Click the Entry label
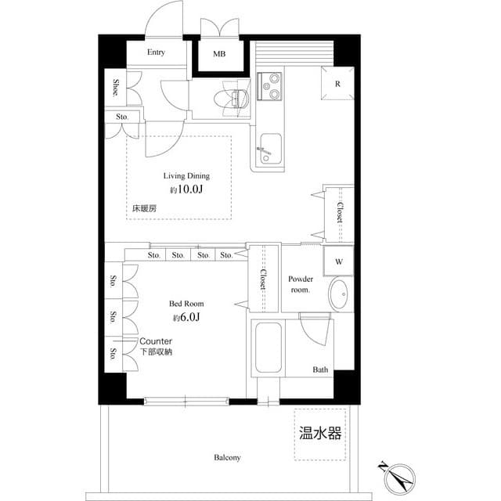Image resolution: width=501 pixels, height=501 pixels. (157, 52)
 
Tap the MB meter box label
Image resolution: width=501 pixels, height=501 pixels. (220, 55)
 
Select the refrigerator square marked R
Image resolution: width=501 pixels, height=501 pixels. (337, 84)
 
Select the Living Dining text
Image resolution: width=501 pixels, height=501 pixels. (186, 176)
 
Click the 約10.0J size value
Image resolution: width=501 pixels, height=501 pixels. (186, 190)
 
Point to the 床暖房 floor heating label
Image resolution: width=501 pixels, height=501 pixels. (144, 209)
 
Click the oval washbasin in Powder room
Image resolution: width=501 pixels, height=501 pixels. (340, 295)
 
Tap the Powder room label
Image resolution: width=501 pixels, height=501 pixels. (301, 284)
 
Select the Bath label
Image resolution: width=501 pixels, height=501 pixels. (321, 369)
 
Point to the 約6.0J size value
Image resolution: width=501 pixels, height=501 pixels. (186, 317)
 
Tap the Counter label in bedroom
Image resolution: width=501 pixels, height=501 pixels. (157, 342)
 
